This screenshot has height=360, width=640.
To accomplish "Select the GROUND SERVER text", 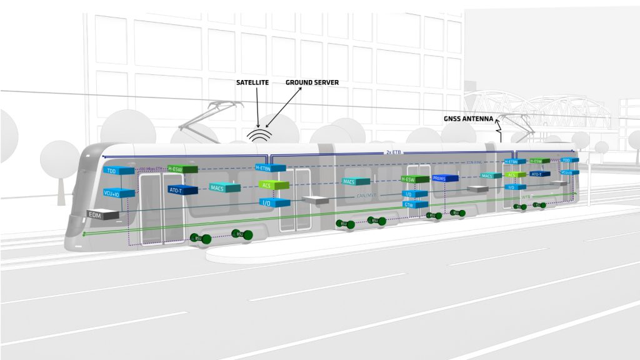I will [x=312, y=82].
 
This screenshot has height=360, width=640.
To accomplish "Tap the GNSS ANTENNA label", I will [x=468, y=118].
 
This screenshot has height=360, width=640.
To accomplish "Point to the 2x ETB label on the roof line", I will [x=393, y=152].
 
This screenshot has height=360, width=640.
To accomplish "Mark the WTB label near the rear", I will [x=525, y=197].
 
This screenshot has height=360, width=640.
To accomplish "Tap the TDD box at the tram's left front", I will [x=119, y=171].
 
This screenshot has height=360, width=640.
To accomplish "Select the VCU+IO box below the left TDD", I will [x=119, y=193].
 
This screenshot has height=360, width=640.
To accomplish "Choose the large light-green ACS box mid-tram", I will [x=274, y=185].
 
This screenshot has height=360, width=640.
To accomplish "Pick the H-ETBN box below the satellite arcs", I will [x=270, y=167].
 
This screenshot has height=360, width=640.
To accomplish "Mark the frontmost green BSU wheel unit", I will [x=198, y=239].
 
